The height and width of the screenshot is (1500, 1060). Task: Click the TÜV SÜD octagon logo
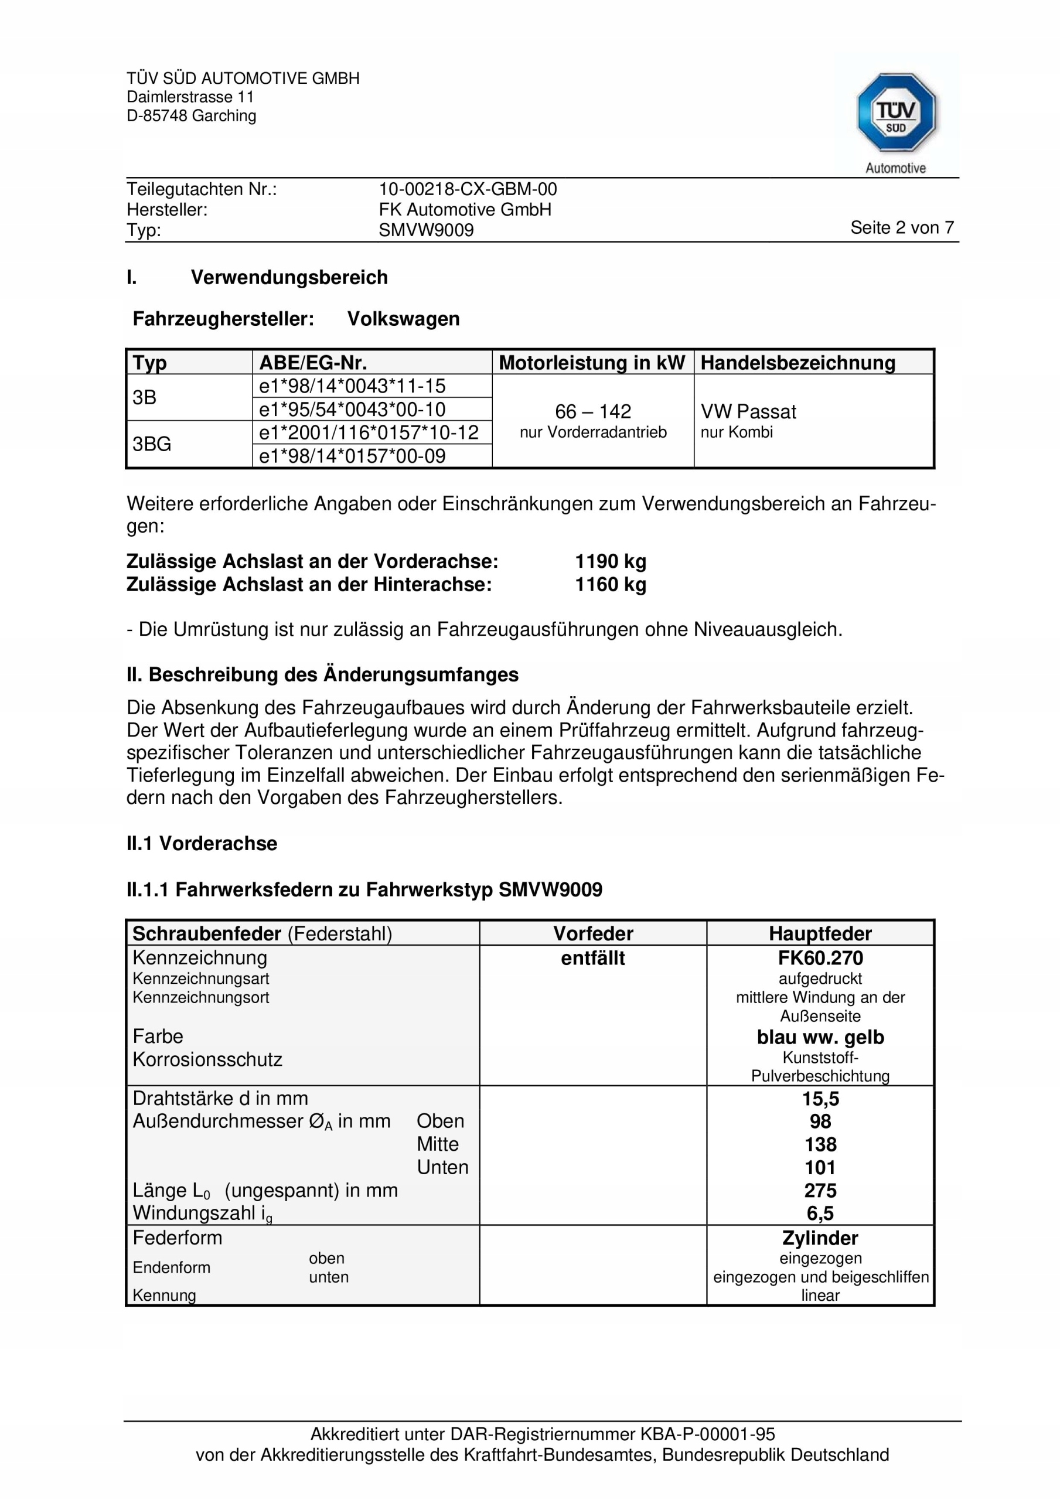[x=895, y=113]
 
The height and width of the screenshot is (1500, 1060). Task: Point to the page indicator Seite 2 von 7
[x=901, y=227]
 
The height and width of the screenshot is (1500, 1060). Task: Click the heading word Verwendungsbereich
[x=289, y=278]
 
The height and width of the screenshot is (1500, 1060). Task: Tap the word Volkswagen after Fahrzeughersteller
[x=403, y=319]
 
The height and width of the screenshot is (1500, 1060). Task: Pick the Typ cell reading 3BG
[x=152, y=444]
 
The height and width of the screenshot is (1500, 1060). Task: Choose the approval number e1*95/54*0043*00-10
[x=352, y=410]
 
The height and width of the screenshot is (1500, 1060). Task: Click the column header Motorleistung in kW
[x=591, y=363]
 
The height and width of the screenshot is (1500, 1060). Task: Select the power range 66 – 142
[x=593, y=411]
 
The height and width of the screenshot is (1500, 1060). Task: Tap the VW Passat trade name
[x=748, y=411]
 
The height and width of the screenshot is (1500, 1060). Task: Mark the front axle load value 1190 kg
[x=611, y=561]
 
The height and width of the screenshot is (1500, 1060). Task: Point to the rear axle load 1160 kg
[x=611, y=584]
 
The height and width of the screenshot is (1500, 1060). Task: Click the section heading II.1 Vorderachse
[x=202, y=843]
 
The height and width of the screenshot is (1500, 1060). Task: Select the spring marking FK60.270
[x=820, y=958]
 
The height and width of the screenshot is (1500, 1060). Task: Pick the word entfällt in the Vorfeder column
[x=593, y=958]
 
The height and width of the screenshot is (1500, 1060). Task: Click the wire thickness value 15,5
[x=820, y=1098]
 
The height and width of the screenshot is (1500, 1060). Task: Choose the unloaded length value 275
[x=820, y=1189]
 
